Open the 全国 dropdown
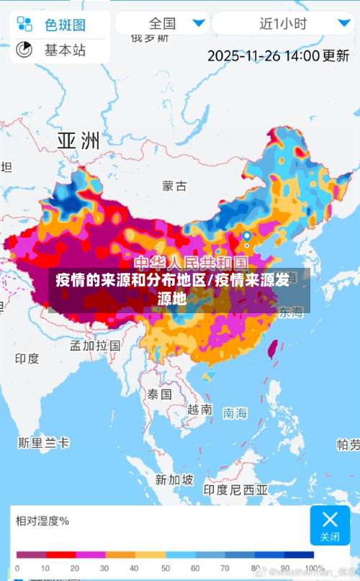click(161, 23)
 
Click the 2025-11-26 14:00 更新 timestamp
click(278, 55)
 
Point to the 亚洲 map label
click(78, 140)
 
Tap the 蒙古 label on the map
click(174, 186)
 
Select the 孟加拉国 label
click(95, 345)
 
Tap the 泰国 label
click(160, 395)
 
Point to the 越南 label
click(199, 410)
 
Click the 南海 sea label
click(235, 413)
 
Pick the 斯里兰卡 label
click(44, 442)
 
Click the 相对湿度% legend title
click(43, 521)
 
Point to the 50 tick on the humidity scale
click(165, 568)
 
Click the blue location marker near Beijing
click(247, 236)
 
